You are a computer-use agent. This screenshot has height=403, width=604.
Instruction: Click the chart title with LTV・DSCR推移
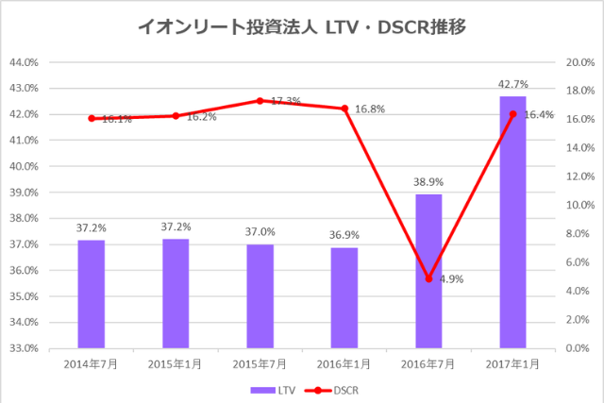point(302,28)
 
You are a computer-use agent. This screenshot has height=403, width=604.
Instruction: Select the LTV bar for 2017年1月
point(512,222)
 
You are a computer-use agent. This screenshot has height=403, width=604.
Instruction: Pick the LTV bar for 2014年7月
point(92,294)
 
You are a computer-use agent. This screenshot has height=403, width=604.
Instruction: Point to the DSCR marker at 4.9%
point(428,278)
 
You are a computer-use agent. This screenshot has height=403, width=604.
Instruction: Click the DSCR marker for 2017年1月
point(512,114)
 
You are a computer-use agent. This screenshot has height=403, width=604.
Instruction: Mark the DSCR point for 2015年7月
point(260,101)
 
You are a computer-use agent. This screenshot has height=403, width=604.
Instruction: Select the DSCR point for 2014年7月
point(92,118)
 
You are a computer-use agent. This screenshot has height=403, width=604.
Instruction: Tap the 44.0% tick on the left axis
point(23,62)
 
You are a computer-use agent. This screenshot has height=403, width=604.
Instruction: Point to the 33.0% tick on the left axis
point(23,348)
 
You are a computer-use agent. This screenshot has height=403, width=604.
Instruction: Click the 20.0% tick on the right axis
point(578,62)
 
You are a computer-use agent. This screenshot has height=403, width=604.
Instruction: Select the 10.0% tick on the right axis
point(578,205)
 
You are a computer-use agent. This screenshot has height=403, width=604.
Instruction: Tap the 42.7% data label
point(512,86)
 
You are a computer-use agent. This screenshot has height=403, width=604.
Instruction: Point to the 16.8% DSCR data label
point(370,109)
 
